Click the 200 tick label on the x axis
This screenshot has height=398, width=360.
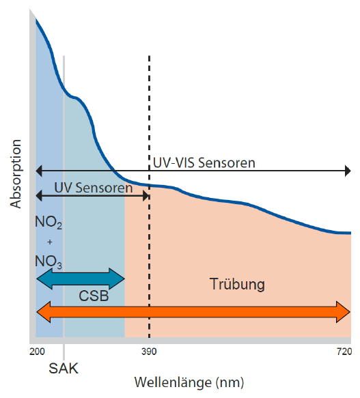(x=37, y=352)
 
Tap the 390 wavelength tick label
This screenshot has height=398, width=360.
(x=149, y=352)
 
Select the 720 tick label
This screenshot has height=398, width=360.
(x=344, y=352)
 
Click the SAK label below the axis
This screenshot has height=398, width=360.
(x=64, y=368)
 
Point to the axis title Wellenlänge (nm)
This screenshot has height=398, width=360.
(x=189, y=382)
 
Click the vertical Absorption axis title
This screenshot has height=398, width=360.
(x=16, y=174)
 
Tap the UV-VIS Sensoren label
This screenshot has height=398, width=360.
(x=204, y=162)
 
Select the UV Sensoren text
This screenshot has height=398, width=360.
(x=94, y=188)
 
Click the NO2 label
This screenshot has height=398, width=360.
(x=49, y=223)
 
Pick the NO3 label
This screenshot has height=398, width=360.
(x=49, y=261)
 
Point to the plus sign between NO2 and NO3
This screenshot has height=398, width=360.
(x=50, y=242)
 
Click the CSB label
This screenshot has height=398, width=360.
(x=94, y=296)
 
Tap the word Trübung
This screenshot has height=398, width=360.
(x=237, y=284)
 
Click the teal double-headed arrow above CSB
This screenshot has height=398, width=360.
(x=81, y=279)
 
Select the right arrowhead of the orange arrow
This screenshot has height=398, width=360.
(x=343, y=312)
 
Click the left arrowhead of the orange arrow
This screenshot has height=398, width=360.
(x=44, y=312)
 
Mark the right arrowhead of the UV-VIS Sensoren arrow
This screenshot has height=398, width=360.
(x=348, y=171)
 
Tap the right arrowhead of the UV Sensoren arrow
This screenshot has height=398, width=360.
(x=146, y=196)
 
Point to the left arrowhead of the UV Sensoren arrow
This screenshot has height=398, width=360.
(x=39, y=196)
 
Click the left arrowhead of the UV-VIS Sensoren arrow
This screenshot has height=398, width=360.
(x=39, y=171)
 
